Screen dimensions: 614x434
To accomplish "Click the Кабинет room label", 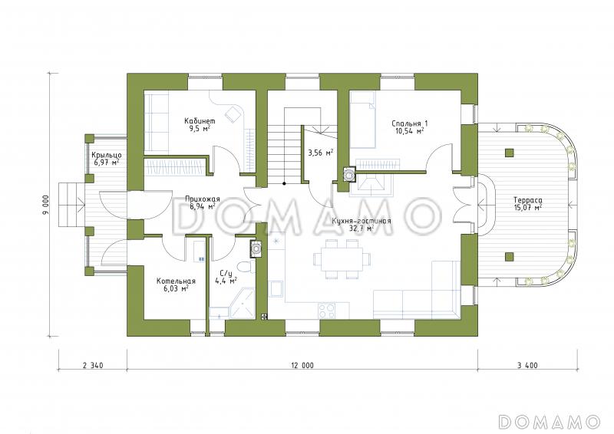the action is click(x=200, y=121).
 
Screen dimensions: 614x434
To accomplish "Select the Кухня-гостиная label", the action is click(x=361, y=221).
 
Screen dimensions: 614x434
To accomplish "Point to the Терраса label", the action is click(x=528, y=200).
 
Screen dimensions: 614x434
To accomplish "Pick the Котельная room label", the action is click(x=176, y=281).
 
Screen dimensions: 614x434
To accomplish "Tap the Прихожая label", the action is click(x=203, y=199).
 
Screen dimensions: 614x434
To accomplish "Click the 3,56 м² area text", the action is click(x=320, y=153).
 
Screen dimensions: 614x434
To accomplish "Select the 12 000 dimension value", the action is click(x=302, y=366).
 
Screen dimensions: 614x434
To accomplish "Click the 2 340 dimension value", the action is click(x=93, y=366).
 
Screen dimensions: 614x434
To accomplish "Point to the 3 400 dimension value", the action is click(x=527, y=366).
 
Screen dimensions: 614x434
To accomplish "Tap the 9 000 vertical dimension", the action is click(x=46, y=205).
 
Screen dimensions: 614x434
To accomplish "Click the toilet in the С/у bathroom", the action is click(x=246, y=267).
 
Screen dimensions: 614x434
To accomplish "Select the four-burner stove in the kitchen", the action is click(x=327, y=311).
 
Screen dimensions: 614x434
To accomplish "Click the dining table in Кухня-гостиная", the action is click(x=342, y=258).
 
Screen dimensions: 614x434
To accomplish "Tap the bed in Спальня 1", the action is click(x=362, y=120).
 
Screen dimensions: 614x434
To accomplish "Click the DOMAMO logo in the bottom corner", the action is click(x=549, y=422).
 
